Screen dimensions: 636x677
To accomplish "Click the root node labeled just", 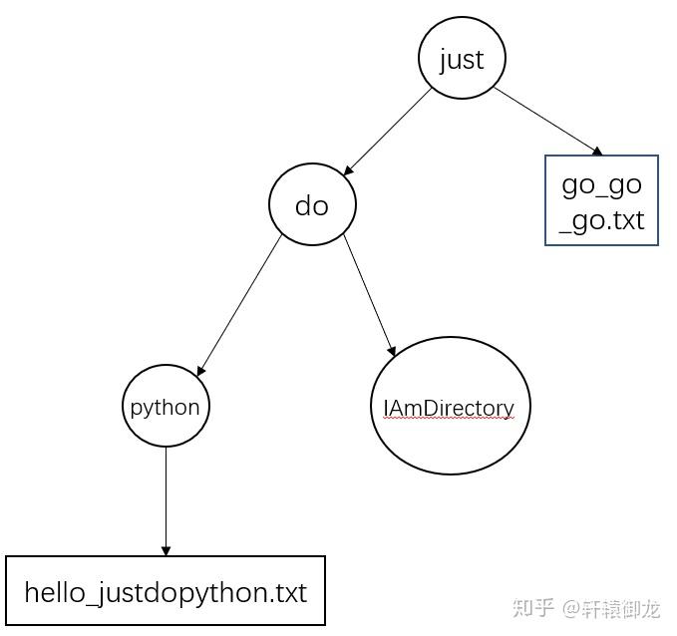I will tap(462, 59).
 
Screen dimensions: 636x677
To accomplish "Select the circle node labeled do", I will tap(312, 204).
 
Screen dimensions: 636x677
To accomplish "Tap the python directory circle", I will tap(166, 407).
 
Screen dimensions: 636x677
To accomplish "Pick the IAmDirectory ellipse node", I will tap(450, 406).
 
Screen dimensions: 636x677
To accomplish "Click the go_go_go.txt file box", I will tap(601, 200).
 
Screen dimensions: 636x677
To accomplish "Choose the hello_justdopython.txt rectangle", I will tap(166, 591).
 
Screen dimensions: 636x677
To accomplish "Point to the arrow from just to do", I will tap(389, 131).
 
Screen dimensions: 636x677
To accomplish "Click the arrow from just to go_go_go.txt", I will tap(546, 121).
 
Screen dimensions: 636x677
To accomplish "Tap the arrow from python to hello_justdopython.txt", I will tap(166, 498).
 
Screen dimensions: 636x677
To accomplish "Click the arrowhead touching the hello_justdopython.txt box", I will tap(166, 550).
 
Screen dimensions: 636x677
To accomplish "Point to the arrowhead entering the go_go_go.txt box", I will tap(597, 152).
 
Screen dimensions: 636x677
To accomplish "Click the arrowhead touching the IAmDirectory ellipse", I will tap(393, 351).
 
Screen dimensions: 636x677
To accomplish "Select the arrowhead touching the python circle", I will tap(200, 371).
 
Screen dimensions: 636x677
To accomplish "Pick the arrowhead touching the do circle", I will tap(348, 170).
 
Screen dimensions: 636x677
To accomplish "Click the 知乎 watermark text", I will tap(532, 607).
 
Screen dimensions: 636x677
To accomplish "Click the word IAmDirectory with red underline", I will tap(449, 408).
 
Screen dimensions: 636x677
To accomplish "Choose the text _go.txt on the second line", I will tap(601, 219).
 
